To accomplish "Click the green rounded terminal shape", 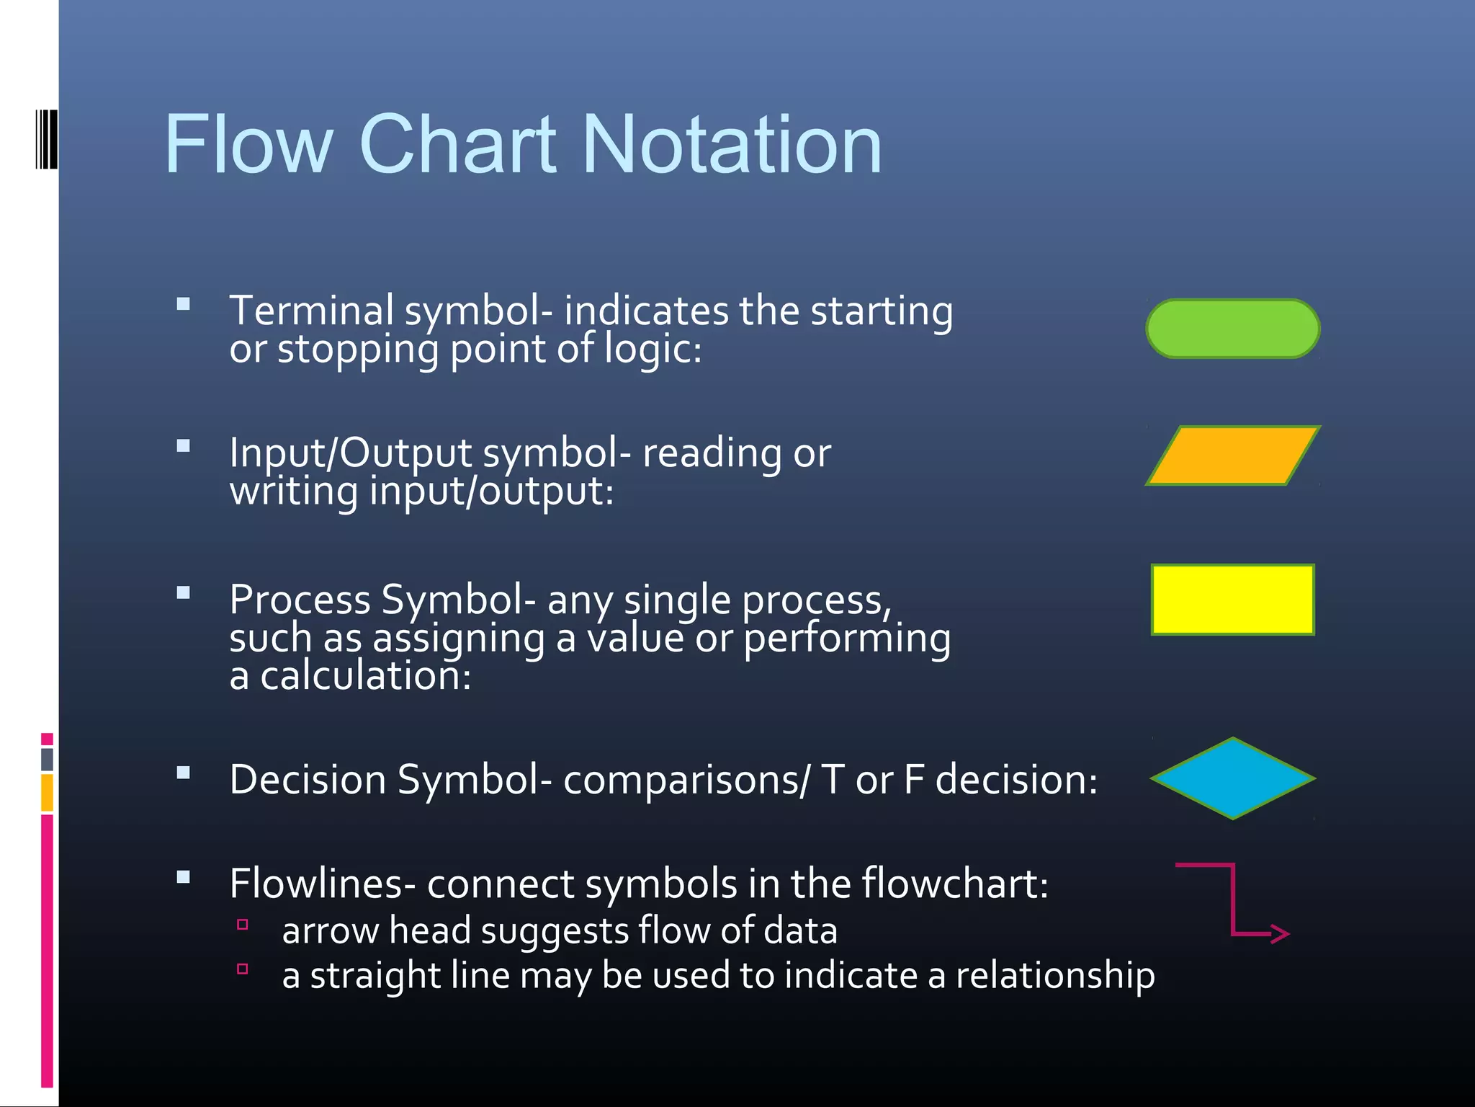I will click(x=1232, y=329).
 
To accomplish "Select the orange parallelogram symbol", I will click(x=1232, y=455).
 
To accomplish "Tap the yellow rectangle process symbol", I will click(x=1232, y=600).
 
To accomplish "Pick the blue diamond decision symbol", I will click(x=1232, y=778).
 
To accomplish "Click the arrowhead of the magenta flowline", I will click(x=1281, y=934).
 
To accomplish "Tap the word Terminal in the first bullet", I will click(x=311, y=311).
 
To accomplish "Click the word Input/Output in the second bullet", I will click(x=350, y=453).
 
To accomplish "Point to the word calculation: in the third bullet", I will click(x=365, y=676).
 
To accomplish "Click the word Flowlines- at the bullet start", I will click(x=322, y=884).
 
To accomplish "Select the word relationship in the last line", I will click(x=1055, y=976).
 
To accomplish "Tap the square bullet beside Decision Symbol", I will click(x=184, y=773).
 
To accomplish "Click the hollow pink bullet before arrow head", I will click(x=243, y=925).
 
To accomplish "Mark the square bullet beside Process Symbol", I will click(x=184, y=593).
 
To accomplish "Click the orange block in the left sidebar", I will click(x=48, y=792).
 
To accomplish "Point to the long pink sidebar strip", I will click(x=48, y=951).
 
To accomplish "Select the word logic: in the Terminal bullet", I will click(x=652, y=350).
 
